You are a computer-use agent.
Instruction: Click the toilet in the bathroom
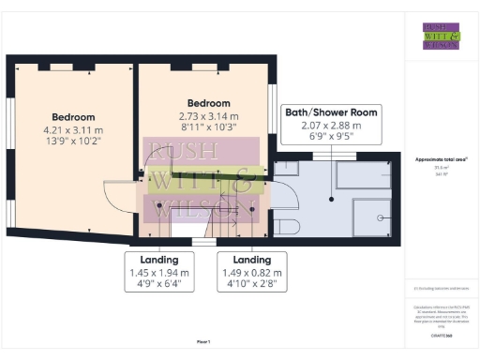point(286,225)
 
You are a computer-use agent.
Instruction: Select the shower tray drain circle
point(380,217)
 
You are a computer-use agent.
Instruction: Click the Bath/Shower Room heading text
point(331,112)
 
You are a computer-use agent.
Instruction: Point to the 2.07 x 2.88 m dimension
point(331,125)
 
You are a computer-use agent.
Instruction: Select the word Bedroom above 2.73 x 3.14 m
point(208,103)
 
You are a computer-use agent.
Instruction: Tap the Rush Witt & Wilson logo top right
point(441,36)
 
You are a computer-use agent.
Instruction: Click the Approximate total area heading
point(442,159)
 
